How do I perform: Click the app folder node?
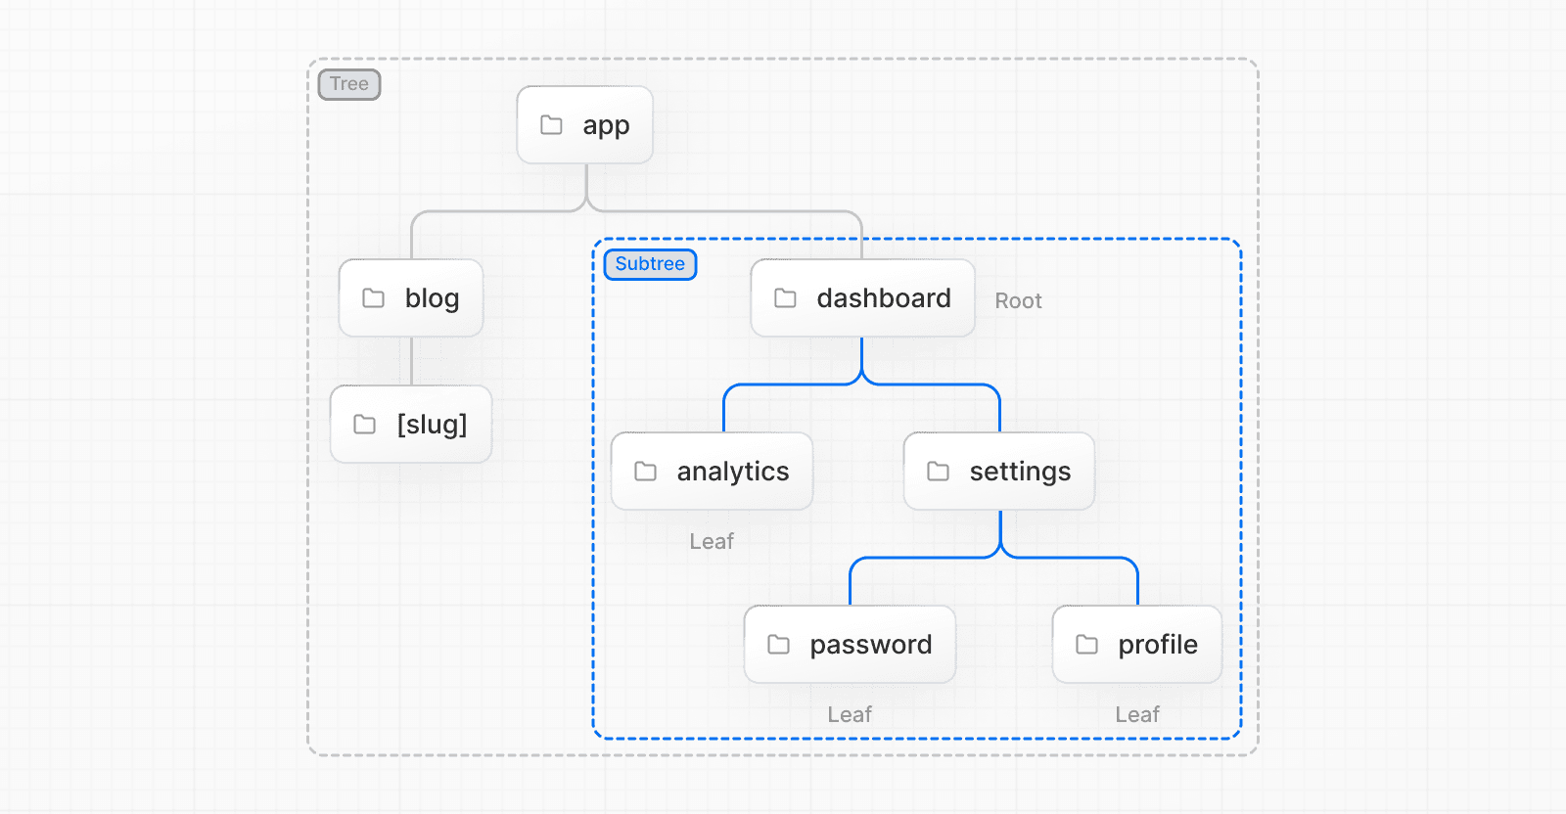click(585, 125)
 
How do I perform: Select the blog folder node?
click(411, 298)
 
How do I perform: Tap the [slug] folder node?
click(411, 425)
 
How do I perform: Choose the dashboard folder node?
click(862, 298)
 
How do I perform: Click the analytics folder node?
click(712, 472)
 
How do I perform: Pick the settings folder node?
click(999, 472)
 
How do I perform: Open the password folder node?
click(850, 645)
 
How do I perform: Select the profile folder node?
click(1136, 645)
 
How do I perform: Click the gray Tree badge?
click(349, 84)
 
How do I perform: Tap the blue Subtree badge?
click(650, 264)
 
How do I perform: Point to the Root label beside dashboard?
click(1018, 301)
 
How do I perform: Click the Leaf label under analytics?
click(712, 542)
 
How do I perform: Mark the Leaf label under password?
click(850, 715)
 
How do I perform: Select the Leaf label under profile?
click(1137, 715)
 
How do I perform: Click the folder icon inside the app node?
click(552, 125)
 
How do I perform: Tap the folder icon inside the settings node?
click(939, 472)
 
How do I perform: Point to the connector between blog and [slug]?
click(411, 361)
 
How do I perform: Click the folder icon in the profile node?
click(1087, 645)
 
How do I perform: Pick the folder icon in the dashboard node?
click(786, 298)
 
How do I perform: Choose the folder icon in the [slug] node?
click(365, 425)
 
